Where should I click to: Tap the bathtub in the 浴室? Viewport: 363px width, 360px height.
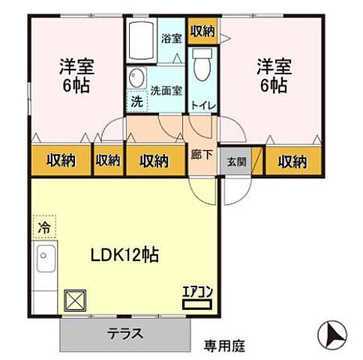click(x=140, y=40)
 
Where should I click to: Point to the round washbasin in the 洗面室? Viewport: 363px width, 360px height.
click(x=137, y=77)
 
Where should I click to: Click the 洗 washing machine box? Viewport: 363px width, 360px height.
click(x=136, y=100)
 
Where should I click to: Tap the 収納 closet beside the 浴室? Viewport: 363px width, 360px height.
click(x=202, y=31)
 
